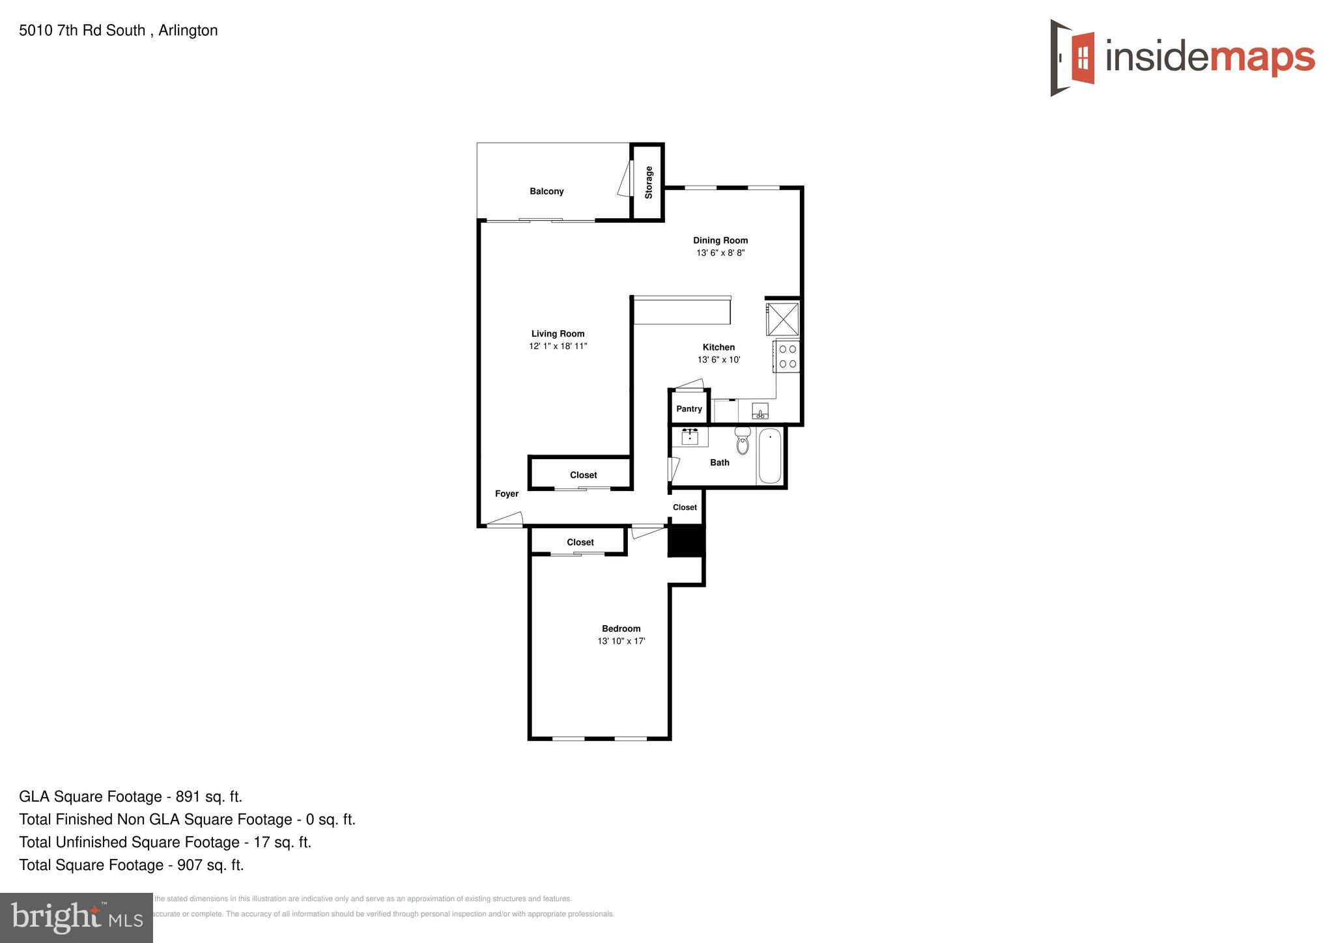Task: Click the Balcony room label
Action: [x=546, y=191]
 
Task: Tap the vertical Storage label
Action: [x=648, y=182]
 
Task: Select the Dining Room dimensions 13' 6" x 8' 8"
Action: [x=720, y=253]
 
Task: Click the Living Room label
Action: [x=558, y=333]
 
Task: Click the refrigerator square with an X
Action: [x=782, y=319]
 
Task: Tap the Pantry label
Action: [x=688, y=409]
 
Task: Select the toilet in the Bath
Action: [x=743, y=441]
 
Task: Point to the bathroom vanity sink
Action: [x=690, y=436]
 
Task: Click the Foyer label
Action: [x=507, y=494]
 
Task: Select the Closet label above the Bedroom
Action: [x=580, y=542]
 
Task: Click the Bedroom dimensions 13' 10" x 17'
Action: [x=621, y=641]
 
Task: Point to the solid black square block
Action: [x=687, y=541]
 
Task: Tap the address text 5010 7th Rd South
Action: [x=82, y=31]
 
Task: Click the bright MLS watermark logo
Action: [x=76, y=918]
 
